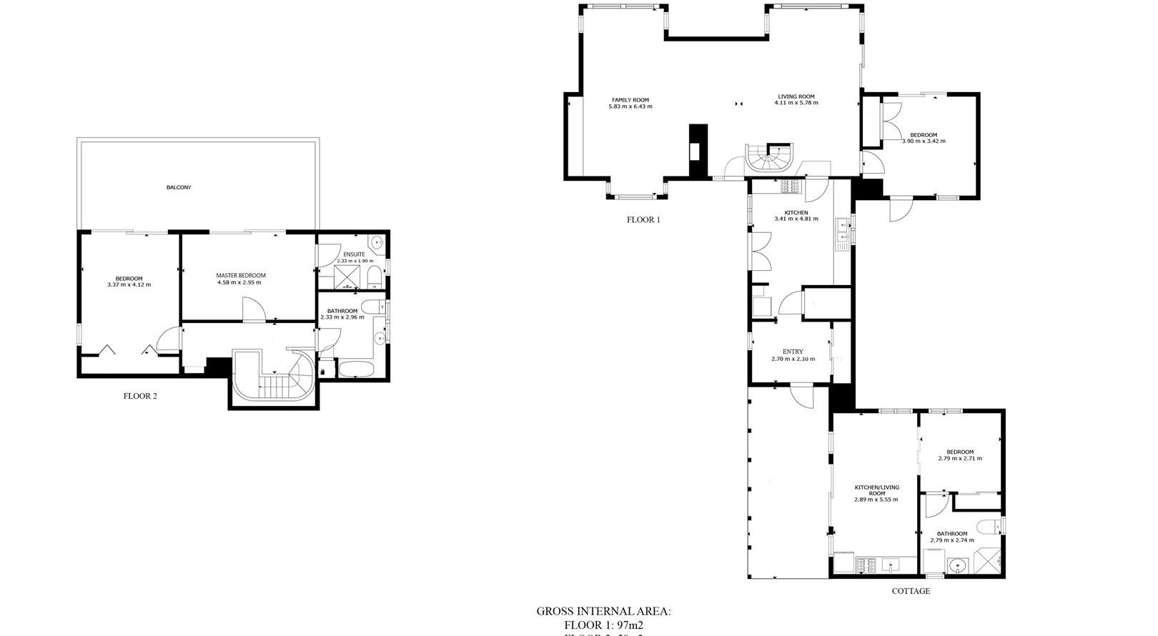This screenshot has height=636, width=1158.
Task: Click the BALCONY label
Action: pos(179,187)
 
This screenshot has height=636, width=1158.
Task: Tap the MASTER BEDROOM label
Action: pos(241,275)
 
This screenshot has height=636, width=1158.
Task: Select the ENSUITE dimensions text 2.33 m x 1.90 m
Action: pos(355,261)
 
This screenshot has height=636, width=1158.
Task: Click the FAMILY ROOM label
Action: pos(630,100)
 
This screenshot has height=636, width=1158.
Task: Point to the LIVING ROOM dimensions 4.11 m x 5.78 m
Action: pos(796,103)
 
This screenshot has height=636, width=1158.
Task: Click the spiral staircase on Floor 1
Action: pos(768,159)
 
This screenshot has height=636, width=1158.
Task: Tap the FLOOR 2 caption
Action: pos(140,396)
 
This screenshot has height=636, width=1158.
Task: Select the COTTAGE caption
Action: pos(911,591)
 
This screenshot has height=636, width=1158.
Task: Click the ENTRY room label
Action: pos(792,352)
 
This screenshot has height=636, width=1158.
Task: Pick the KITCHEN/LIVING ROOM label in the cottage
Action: pos(876,490)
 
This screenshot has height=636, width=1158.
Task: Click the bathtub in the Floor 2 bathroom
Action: pos(355,369)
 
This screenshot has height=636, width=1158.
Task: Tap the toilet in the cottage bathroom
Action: pos(989,528)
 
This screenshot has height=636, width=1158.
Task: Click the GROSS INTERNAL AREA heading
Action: pos(603,612)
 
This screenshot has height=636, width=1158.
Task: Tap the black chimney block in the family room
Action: pos(697,151)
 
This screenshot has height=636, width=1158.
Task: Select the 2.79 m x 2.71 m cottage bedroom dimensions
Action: pos(960,459)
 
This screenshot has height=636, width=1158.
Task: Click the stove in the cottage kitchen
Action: pos(866,565)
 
